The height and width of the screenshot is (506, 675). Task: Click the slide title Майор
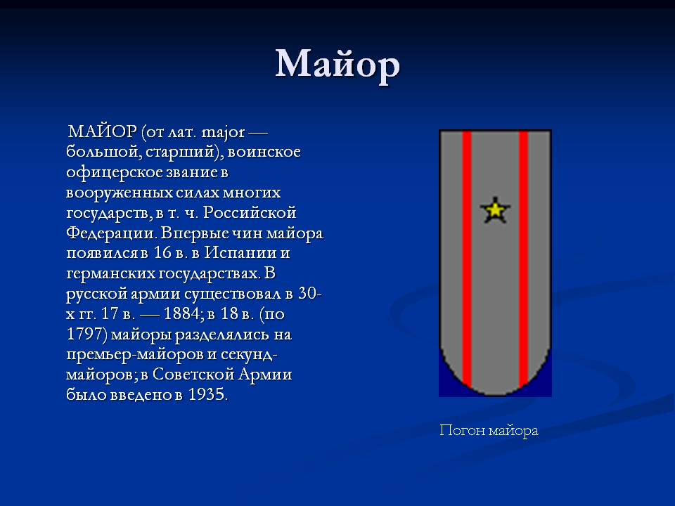(x=337, y=65)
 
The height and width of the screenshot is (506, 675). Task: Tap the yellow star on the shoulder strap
(x=495, y=210)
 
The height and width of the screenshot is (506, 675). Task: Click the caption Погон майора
(x=489, y=430)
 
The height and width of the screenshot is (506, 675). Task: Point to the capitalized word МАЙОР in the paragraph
(x=103, y=131)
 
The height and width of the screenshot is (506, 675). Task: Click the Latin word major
(x=223, y=133)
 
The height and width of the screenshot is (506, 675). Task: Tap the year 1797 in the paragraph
(x=86, y=334)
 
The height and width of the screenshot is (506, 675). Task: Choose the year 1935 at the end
(x=207, y=394)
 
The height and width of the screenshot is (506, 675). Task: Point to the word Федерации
(x=111, y=233)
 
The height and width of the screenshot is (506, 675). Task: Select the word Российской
(x=250, y=212)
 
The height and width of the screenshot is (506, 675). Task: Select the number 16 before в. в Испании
(x=162, y=252)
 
